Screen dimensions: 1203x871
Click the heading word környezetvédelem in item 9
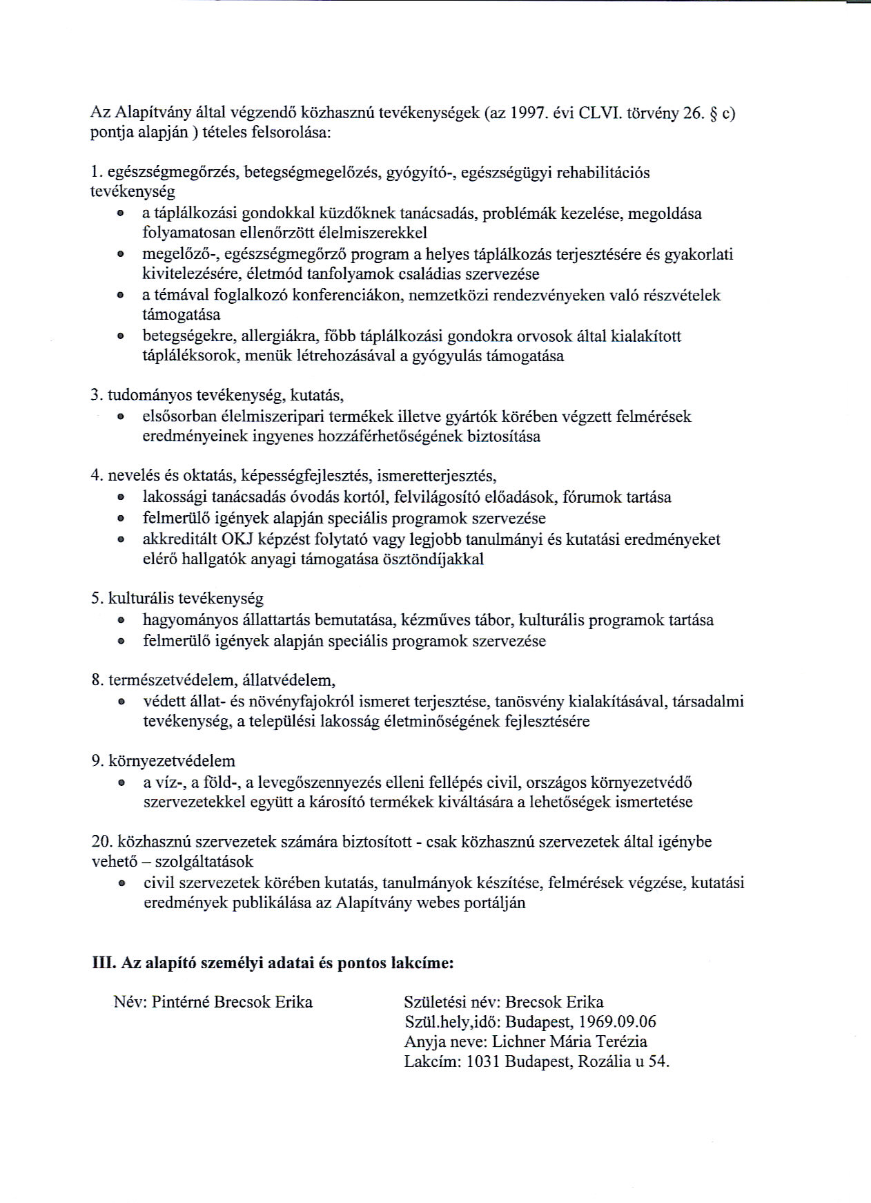[172, 761]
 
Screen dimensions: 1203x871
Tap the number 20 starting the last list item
[101, 842]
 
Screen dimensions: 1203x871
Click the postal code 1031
[482, 1061]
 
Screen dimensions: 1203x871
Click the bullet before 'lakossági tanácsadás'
[121, 498]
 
